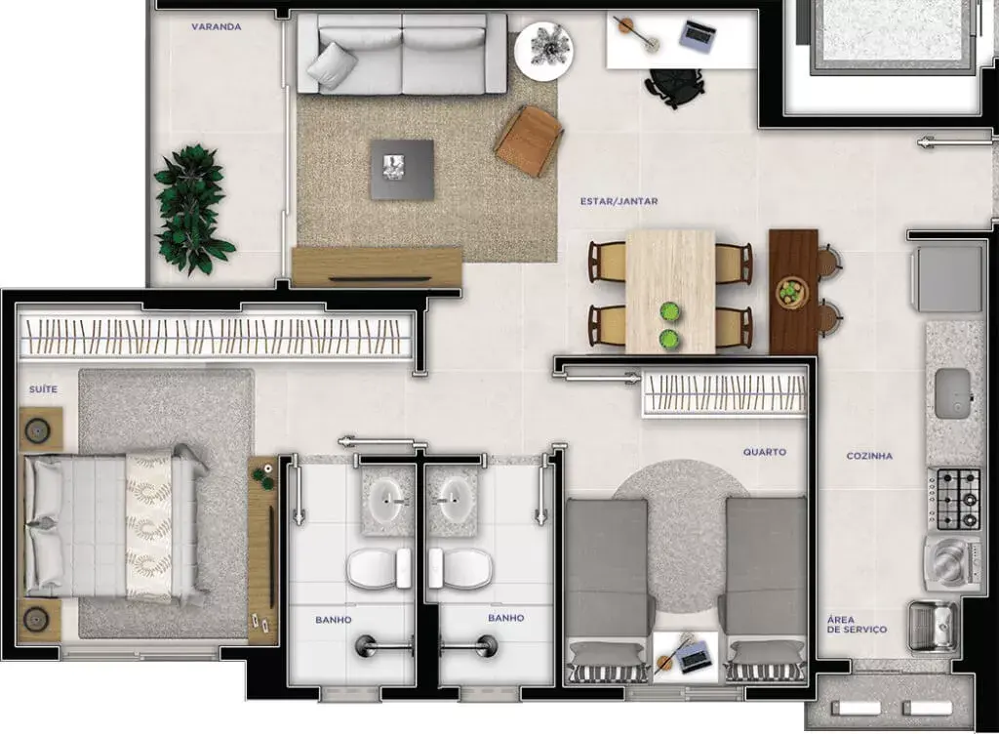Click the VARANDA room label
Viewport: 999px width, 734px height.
216,26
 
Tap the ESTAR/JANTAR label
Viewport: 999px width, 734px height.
619,201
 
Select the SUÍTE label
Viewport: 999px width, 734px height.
43,389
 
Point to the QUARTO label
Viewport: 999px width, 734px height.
765,452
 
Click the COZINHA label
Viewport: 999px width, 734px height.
869,456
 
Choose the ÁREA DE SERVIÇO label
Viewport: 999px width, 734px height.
857,625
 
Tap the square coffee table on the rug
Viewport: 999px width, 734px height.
403,170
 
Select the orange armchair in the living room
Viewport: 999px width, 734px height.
529,141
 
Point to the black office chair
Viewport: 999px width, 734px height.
673,86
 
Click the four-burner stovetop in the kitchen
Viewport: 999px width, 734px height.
954,499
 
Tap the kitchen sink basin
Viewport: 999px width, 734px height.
952,393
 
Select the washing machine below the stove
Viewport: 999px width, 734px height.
952,562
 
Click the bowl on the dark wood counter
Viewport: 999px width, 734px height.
792,293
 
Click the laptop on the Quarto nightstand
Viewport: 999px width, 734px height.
693,656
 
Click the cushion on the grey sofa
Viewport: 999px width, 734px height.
332,64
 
